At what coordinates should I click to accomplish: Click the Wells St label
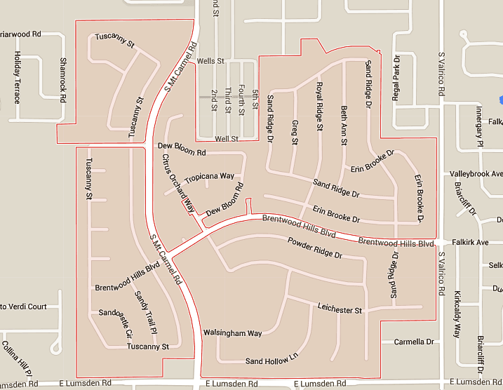210,61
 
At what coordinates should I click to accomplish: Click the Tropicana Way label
209,177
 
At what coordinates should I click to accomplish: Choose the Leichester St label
340,309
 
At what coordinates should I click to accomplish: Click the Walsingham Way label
232,332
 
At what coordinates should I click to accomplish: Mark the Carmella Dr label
414,342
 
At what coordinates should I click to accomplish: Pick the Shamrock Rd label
63,78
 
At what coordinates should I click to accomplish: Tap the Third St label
228,100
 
